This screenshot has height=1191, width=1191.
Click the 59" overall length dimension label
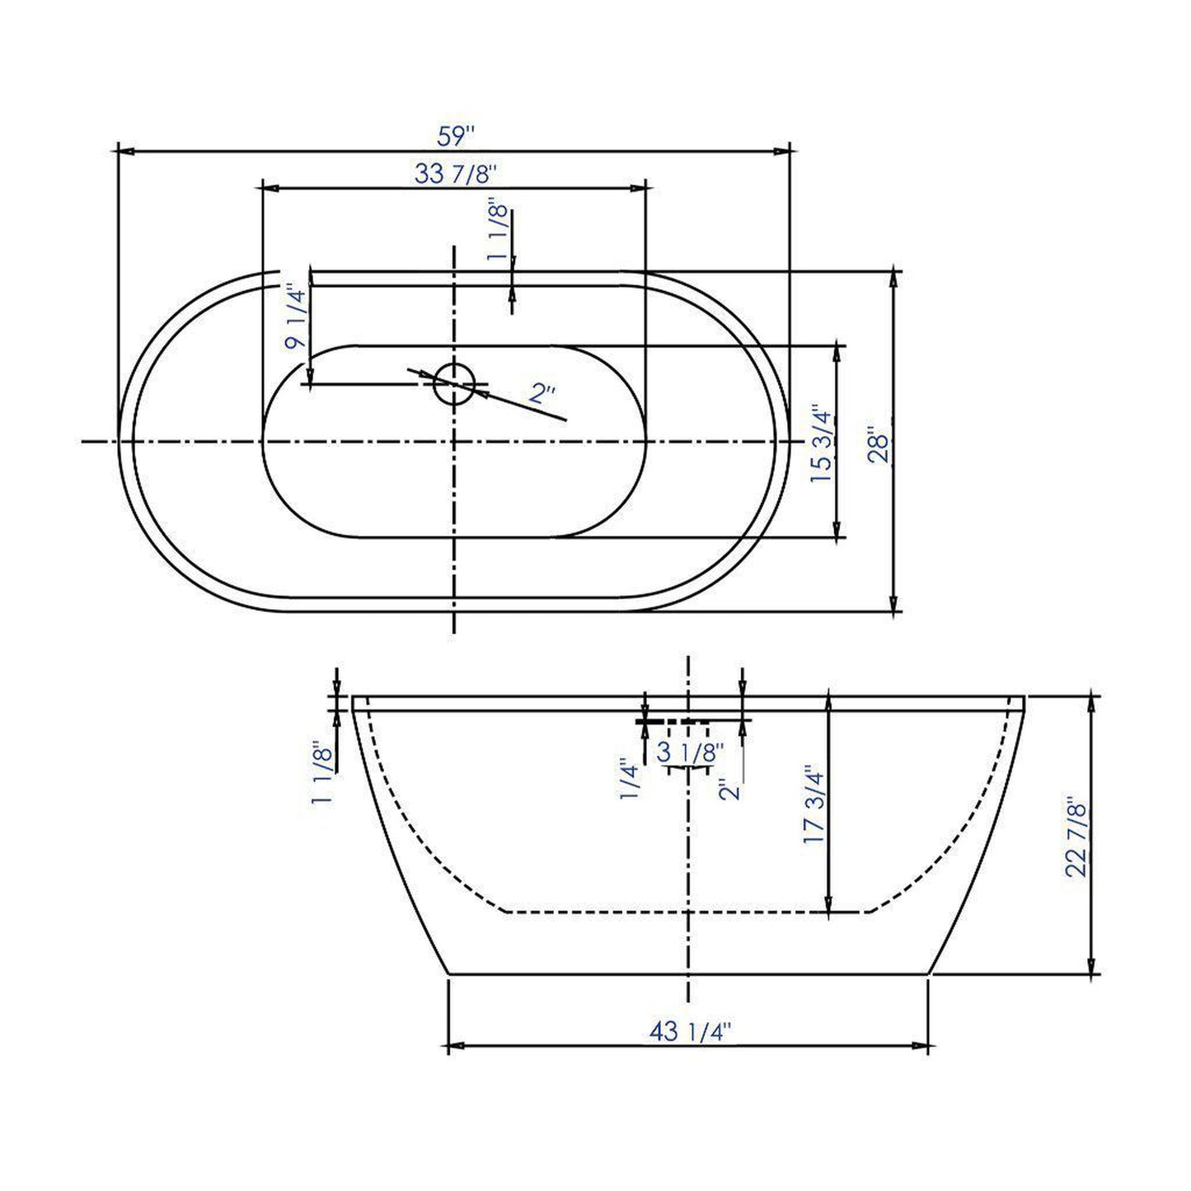coord(457,135)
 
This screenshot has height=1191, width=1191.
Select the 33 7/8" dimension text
coord(456,174)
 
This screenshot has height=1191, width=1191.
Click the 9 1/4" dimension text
coord(296,317)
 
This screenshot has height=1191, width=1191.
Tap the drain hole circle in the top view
coord(454,383)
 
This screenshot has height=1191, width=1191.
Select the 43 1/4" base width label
coord(690,1031)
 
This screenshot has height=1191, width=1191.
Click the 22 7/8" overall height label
coord(1077,837)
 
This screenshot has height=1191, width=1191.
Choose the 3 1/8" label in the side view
coord(690,752)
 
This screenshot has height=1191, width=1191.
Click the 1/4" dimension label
coord(631,779)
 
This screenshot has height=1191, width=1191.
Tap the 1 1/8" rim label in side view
coord(322,772)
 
